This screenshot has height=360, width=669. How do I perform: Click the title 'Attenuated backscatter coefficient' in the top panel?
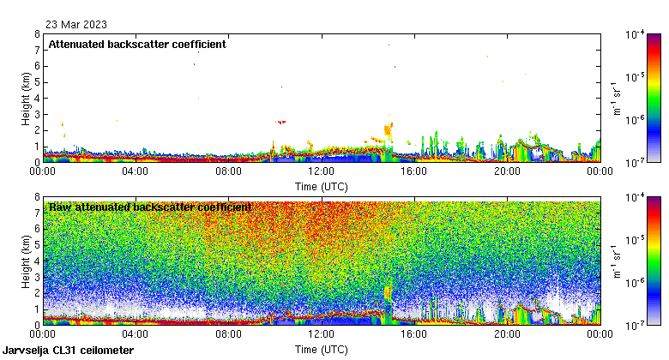coord(137,45)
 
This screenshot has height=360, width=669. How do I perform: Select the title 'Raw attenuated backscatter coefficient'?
coord(149,207)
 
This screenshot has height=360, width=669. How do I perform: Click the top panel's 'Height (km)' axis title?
coord(27,98)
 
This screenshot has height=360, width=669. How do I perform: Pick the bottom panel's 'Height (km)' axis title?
coord(27,261)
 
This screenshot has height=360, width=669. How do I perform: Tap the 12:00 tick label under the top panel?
coord(322,171)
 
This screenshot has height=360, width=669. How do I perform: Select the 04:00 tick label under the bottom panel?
coord(136,333)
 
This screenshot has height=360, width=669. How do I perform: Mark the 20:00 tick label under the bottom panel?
coord(507,333)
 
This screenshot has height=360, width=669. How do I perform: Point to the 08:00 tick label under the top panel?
coord(228,171)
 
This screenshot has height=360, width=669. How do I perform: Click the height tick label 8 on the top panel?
coord(37,34)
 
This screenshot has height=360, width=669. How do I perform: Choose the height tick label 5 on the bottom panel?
coord(37,245)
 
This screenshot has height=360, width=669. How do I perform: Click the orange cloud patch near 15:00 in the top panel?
coord(388,130)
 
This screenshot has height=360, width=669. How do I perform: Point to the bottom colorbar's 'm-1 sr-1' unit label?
coord(615,261)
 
